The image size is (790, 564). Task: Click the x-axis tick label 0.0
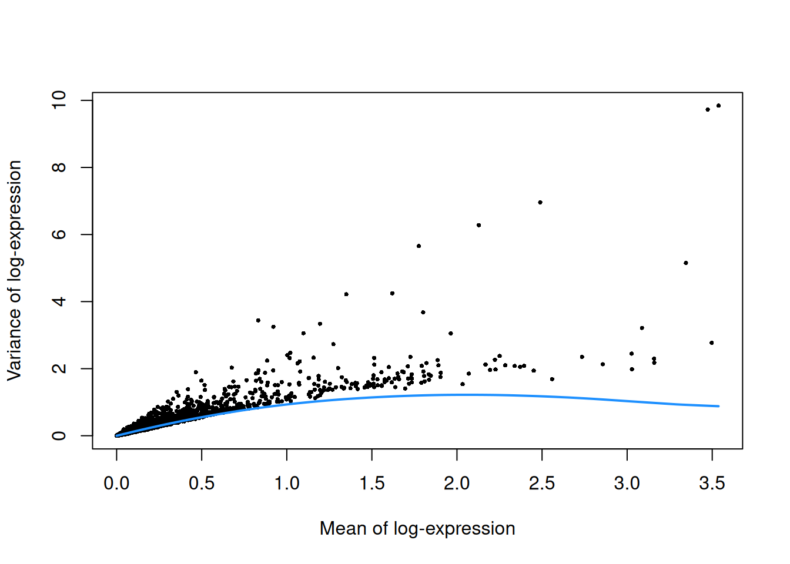click(x=116, y=484)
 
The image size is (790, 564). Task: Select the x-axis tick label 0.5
click(x=202, y=484)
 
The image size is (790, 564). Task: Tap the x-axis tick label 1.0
click(x=287, y=484)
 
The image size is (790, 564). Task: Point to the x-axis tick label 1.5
click(x=372, y=484)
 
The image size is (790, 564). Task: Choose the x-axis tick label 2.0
click(x=457, y=484)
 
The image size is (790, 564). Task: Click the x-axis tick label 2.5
click(x=542, y=484)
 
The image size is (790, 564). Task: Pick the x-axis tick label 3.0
click(x=627, y=484)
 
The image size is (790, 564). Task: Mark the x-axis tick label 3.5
click(x=712, y=484)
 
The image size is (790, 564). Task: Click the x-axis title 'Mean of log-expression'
click(x=417, y=528)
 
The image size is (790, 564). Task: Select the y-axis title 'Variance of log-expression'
click(x=14, y=270)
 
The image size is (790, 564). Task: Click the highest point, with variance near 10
click(x=718, y=106)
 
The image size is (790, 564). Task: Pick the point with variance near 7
click(x=540, y=202)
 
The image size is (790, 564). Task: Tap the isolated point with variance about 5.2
click(x=686, y=263)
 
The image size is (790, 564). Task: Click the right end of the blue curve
click(x=718, y=406)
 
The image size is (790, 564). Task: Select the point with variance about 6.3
click(x=479, y=225)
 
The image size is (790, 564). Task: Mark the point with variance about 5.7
click(x=419, y=246)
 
